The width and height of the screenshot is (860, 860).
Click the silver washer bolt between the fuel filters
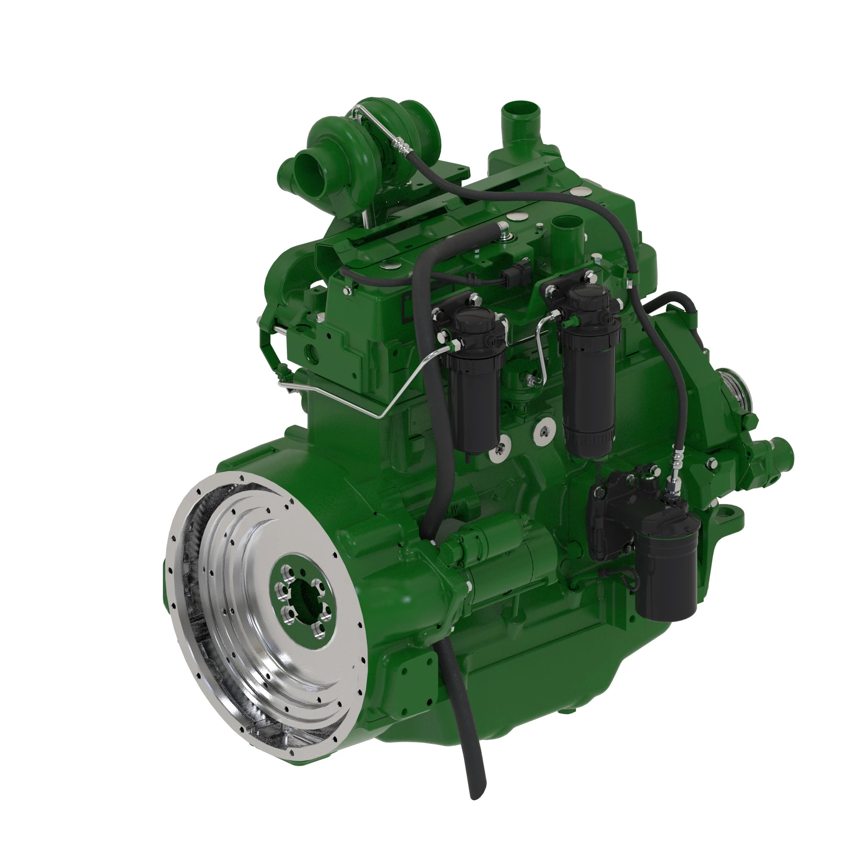coord(544,430)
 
